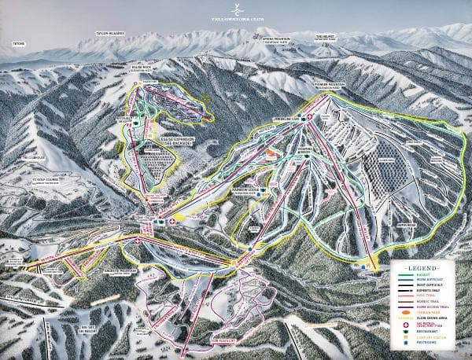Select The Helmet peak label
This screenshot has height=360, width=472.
[x=325, y=36]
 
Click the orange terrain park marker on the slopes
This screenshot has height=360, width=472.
[x=271, y=149]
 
